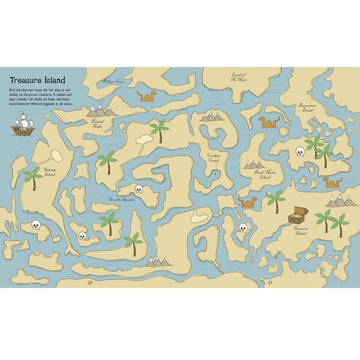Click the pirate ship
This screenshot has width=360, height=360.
pos(23,126)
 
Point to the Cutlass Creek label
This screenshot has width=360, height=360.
pos(214,158)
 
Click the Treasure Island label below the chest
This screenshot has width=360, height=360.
pos(300,231)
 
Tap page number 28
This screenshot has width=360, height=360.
pos(90,282)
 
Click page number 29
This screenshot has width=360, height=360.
pos(270,282)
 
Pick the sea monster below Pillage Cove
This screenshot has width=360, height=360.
pos(147,97)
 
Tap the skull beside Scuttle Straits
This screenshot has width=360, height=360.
pos(139,189)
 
